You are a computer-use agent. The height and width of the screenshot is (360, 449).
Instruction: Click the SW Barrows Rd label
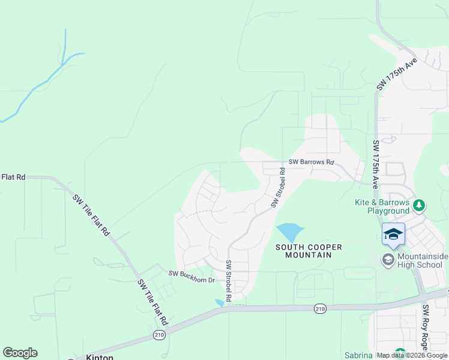pyautogui.click(x=310, y=162)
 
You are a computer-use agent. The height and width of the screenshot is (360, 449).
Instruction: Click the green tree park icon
pyautogui.click(x=419, y=205)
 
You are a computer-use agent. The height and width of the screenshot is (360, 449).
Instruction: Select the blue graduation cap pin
pyautogui.click(x=393, y=233)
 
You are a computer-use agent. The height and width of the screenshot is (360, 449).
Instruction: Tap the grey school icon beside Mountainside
pyautogui.click(x=388, y=259)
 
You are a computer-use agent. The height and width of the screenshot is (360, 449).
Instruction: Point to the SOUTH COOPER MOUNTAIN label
pyautogui.click(x=309, y=251)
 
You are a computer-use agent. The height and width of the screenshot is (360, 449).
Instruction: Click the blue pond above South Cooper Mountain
pyautogui.click(x=289, y=232)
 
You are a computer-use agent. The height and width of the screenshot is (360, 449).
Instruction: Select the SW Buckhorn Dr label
pyautogui.click(x=191, y=274)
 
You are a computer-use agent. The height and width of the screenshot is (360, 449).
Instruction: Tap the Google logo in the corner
pyautogui.click(x=20, y=353)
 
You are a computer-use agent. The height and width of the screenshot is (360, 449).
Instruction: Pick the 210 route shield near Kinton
pyautogui.click(x=159, y=335)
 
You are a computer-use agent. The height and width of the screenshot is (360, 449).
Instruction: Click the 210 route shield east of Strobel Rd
pyautogui.click(x=319, y=308)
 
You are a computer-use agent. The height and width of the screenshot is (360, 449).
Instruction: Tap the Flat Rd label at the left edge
pyautogui.click(x=13, y=177)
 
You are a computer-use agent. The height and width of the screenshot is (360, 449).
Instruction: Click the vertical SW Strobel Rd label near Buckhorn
pyautogui.click(x=229, y=281)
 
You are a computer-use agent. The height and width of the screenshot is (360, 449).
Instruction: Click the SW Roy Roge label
pyautogui.click(x=425, y=328)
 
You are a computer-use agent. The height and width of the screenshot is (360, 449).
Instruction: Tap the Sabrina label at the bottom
pyautogui.click(x=359, y=355)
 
